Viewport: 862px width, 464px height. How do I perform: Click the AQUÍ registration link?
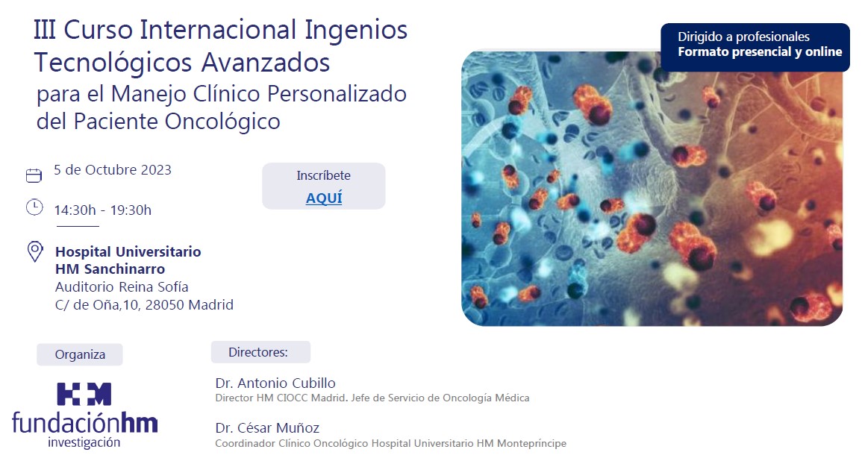[x=324, y=198]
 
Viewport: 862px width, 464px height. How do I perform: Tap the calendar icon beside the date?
[x=34, y=175]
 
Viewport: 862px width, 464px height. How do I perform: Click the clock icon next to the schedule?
[x=34, y=207]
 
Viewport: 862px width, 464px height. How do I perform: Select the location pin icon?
[x=35, y=252]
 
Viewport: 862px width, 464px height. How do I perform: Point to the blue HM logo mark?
[x=84, y=394]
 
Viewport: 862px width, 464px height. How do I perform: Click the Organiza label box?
[x=80, y=354]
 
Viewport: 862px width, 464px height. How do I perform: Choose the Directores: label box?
[x=260, y=352]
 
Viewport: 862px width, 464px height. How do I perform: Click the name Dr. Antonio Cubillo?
[x=275, y=383]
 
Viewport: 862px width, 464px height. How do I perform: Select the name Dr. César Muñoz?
[x=267, y=427]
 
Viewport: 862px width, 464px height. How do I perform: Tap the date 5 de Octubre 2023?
[x=113, y=170]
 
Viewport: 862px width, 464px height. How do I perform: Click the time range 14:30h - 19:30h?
[x=103, y=210]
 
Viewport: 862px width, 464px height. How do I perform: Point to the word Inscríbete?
[x=323, y=175]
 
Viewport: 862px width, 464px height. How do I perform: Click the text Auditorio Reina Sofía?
[x=122, y=287]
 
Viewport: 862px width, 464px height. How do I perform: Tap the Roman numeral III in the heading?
[x=45, y=30]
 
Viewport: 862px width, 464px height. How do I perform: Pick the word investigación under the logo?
[x=84, y=442]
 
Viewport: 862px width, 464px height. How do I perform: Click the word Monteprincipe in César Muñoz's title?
[x=531, y=443]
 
